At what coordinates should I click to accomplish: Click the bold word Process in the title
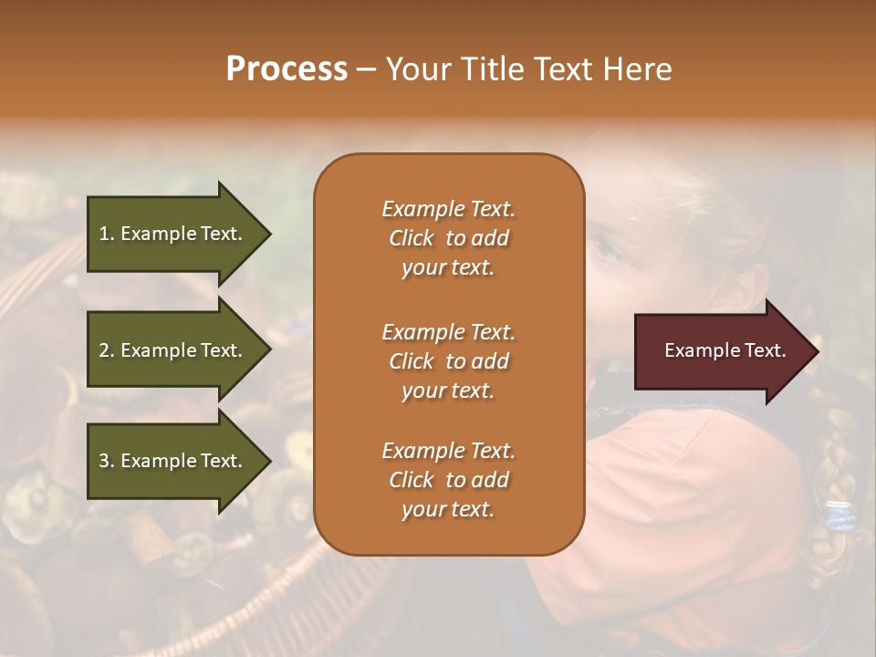click(287, 69)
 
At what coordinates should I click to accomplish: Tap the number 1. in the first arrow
click(107, 234)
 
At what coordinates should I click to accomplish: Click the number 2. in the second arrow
click(107, 350)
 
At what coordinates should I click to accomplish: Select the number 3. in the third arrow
click(107, 461)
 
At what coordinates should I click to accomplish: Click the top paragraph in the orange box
click(448, 238)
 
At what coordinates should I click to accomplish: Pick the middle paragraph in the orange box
click(448, 361)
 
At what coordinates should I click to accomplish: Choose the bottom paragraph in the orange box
click(448, 480)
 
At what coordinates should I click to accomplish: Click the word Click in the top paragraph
click(412, 238)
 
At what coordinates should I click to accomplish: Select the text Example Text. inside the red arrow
click(725, 350)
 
